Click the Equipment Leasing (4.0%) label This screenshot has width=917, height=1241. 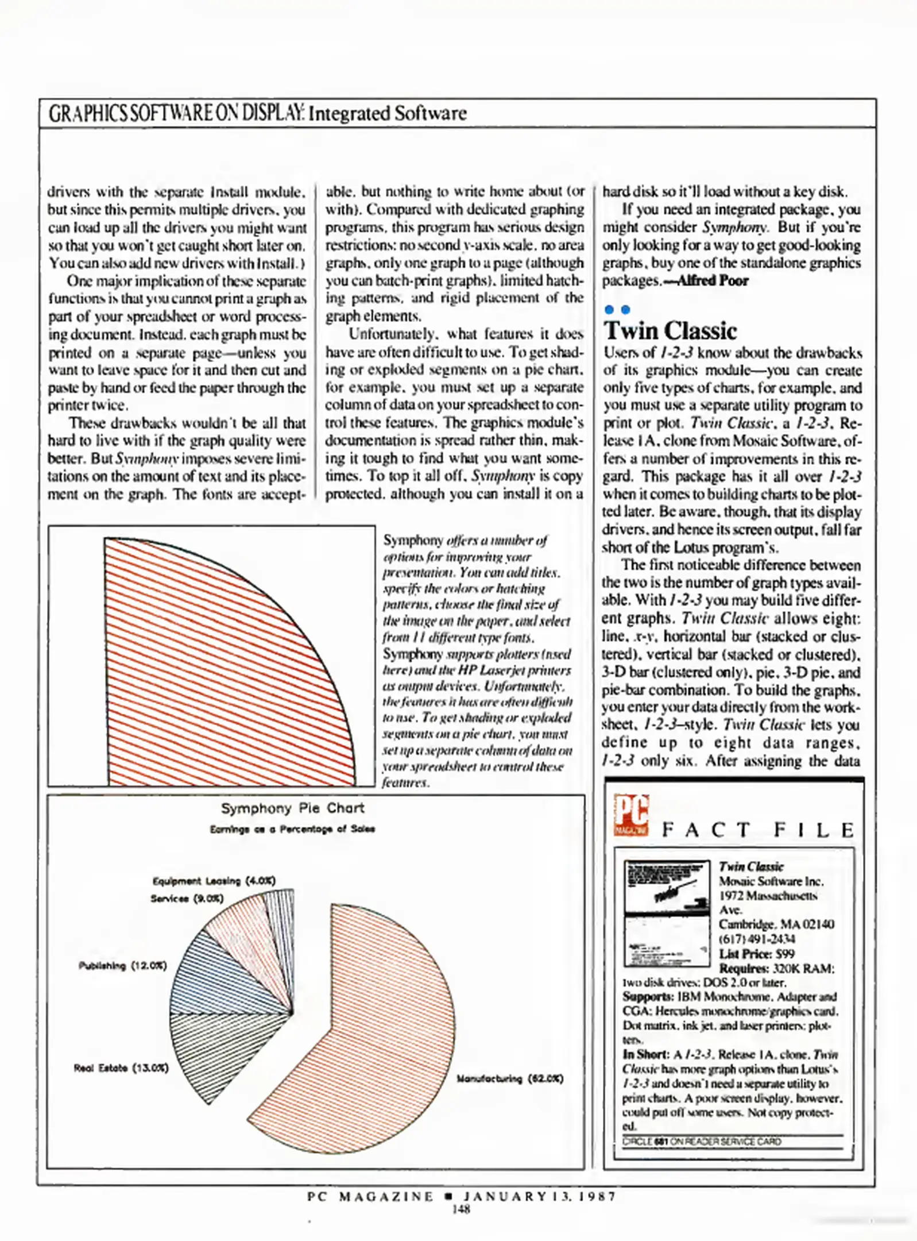click(x=214, y=881)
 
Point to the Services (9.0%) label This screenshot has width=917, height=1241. click(x=187, y=898)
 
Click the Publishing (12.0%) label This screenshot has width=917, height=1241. click(x=122, y=966)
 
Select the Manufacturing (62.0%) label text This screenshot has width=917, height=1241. click(x=509, y=1078)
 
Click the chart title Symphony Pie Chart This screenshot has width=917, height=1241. click(x=292, y=808)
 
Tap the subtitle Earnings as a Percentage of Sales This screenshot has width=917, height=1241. click(x=292, y=829)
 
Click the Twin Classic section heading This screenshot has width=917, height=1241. click(x=670, y=331)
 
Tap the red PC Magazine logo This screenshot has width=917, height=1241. click(x=630, y=815)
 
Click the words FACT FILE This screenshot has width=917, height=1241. click(x=757, y=830)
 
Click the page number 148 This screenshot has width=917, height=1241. click(x=461, y=1209)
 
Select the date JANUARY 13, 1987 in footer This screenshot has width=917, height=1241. click(x=540, y=1196)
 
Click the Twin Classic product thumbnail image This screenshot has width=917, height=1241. click(x=667, y=913)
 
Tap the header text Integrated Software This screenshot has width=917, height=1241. click(x=387, y=113)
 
